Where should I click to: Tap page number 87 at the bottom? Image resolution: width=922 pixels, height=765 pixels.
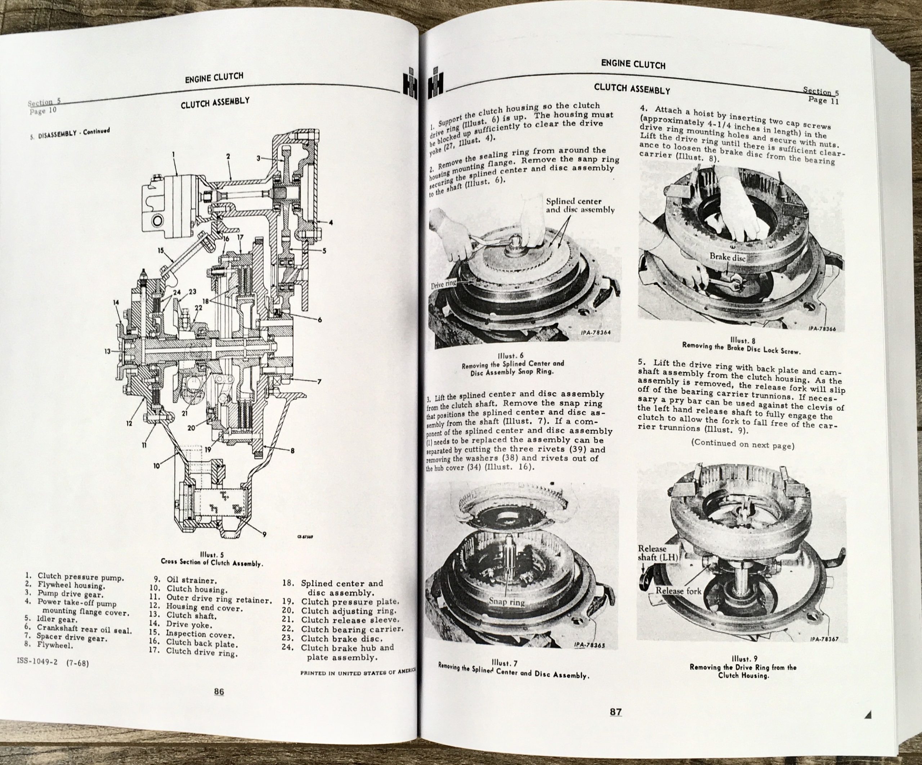pyautogui.click(x=616, y=711)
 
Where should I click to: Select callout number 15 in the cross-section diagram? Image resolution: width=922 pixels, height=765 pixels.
pyautogui.click(x=160, y=251)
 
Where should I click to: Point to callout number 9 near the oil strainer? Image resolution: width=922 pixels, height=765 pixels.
pyautogui.click(x=264, y=534)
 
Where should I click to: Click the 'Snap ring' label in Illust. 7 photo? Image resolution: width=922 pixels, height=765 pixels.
pyautogui.click(x=507, y=601)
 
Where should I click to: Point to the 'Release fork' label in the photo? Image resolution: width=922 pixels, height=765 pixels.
pyautogui.click(x=678, y=591)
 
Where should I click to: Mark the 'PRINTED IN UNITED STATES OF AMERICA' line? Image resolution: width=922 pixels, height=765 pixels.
pyautogui.click(x=358, y=672)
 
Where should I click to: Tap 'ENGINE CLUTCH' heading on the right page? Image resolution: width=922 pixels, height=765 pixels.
pyautogui.click(x=633, y=64)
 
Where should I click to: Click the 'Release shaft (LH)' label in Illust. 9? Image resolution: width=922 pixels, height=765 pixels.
pyautogui.click(x=653, y=553)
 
